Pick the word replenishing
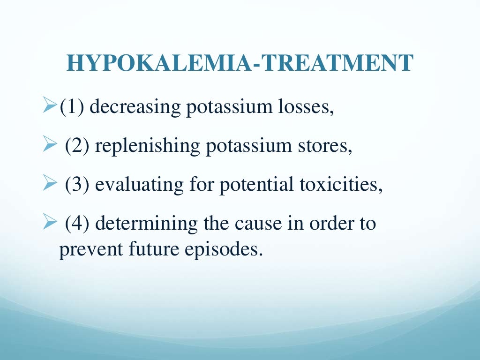[147, 146]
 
